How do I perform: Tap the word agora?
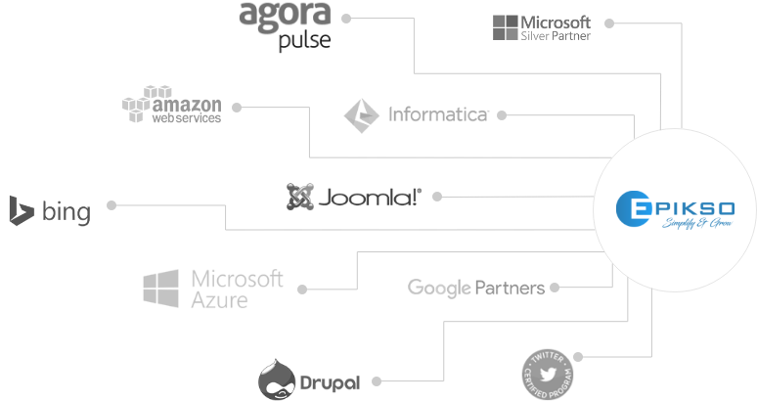click(285, 16)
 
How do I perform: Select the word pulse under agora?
click(304, 40)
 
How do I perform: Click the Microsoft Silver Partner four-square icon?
click(506, 26)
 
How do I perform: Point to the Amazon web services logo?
click(172, 105)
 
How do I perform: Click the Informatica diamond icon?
click(361, 114)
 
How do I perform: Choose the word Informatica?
click(438, 115)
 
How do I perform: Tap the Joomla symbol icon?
click(299, 197)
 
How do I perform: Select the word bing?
click(67, 211)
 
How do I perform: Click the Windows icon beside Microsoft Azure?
click(160, 289)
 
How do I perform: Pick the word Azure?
click(219, 300)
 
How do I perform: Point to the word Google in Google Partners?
click(439, 288)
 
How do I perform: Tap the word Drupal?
click(329, 382)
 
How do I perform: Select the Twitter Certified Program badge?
click(548, 373)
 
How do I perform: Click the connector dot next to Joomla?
click(436, 196)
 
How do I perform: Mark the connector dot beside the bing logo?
click(111, 205)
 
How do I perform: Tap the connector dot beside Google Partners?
click(555, 288)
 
